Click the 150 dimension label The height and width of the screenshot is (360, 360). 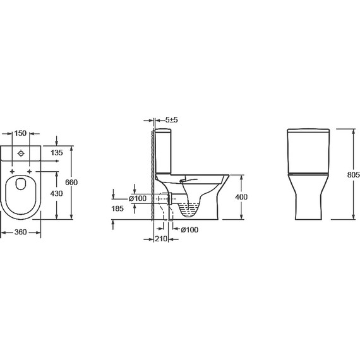click(x=20, y=133)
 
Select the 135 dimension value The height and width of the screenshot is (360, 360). click(x=56, y=153)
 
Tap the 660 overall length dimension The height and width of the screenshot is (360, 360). click(x=71, y=183)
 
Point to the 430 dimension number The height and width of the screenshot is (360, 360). click(x=56, y=193)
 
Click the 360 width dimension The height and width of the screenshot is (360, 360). click(x=20, y=232)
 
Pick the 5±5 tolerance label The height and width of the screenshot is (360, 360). click(x=172, y=120)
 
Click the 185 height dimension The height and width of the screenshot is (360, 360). click(x=117, y=208)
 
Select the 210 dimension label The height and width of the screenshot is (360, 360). click(x=160, y=239)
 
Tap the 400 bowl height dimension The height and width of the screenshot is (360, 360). click(x=241, y=197)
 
